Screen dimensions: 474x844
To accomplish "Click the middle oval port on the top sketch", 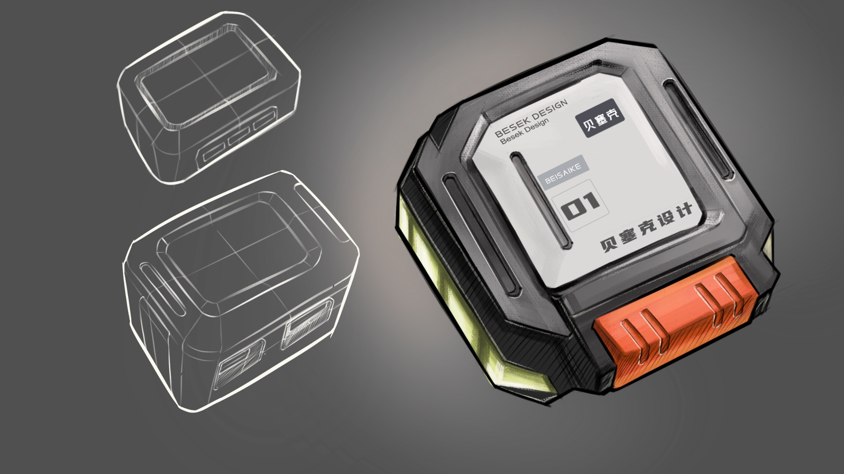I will (x=239, y=137).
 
